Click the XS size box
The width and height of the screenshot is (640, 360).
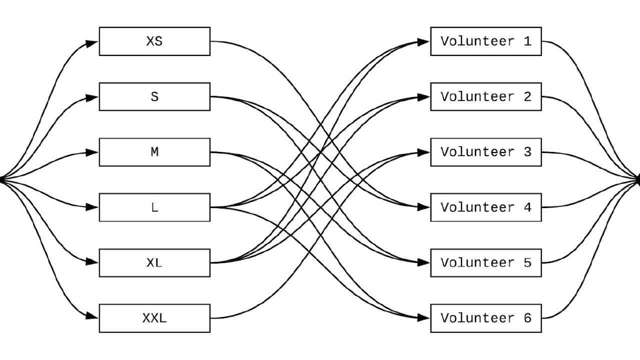pyautogui.click(x=154, y=41)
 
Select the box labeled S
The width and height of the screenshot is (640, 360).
pyautogui.click(x=154, y=96)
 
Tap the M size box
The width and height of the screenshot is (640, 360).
pyautogui.click(x=154, y=152)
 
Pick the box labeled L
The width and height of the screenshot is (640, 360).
pyautogui.click(x=154, y=207)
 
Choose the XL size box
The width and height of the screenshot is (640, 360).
pyautogui.click(x=154, y=262)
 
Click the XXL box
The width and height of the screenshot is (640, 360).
pyautogui.click(x=154, y=318)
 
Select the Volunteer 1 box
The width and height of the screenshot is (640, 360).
pyautogui.click(x=485, y=41)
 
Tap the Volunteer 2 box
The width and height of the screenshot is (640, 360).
pyautogui.click(x=485, y=96)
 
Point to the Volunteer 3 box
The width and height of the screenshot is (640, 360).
pyautogui.click(x=485, y=152)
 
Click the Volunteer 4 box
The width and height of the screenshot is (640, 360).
pyautogui.click(x=485, y=207)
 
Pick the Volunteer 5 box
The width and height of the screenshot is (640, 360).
pyautogui.click(x=485, y=262)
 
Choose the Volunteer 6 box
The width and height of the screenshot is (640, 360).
pyautogui.click(x=485, y=318)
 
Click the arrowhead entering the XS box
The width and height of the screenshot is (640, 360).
pyautogui.click(x=92, y=43)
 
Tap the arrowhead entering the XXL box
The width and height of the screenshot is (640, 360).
pyautogui.click(x=92, y=316)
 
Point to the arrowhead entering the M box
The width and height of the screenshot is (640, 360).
pyautogui.click(x=92, y=152)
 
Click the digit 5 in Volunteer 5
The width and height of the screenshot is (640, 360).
pyautogui.click(x=527, y=262)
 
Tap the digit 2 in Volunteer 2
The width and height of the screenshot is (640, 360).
pyautogui.click(x=527, y=96)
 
